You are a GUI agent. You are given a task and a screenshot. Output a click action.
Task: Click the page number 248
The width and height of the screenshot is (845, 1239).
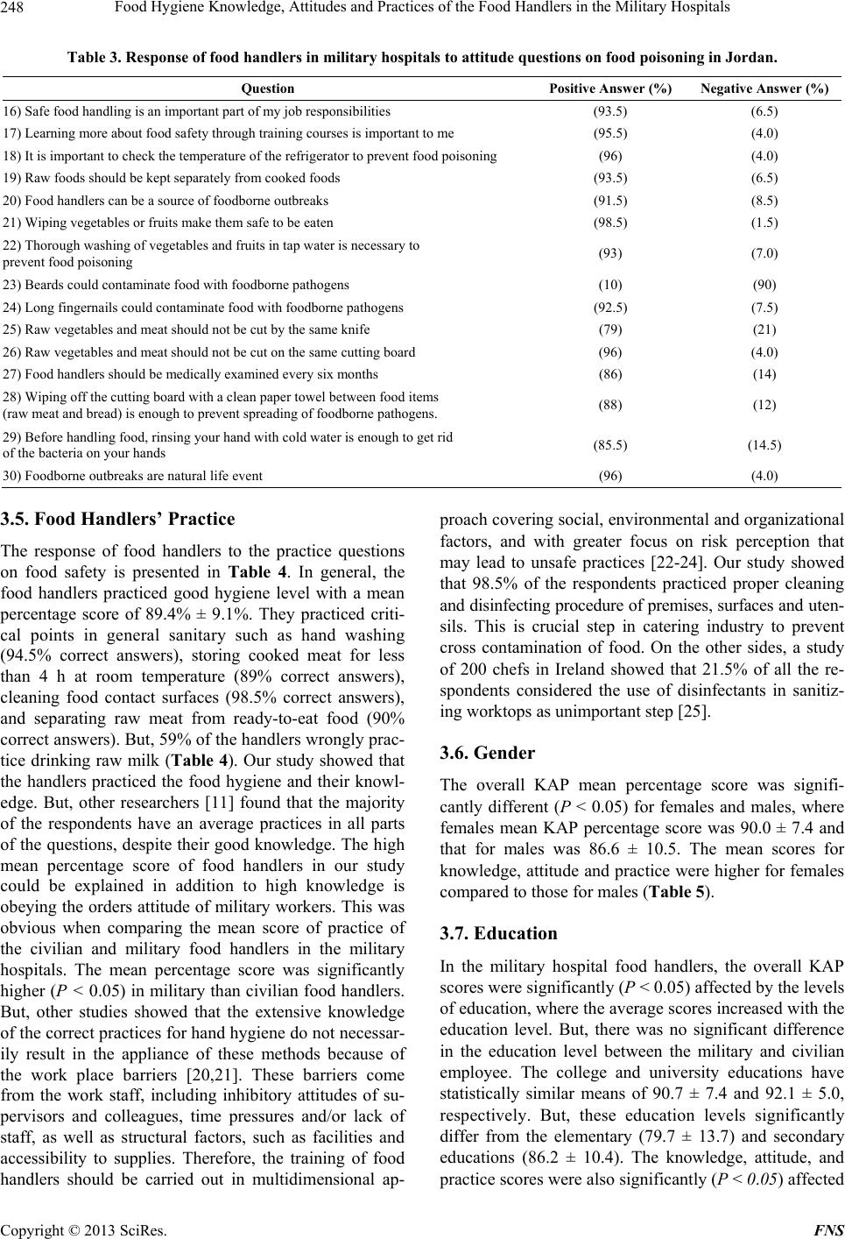15,9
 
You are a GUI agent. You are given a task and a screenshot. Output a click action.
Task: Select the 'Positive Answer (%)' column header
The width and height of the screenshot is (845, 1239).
610,88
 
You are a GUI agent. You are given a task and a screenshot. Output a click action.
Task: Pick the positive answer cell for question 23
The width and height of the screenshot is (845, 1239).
610,285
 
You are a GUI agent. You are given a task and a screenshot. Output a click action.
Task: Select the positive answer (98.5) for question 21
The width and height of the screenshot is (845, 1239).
610,223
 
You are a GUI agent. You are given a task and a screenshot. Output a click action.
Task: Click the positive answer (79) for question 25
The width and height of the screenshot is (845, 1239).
610,329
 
